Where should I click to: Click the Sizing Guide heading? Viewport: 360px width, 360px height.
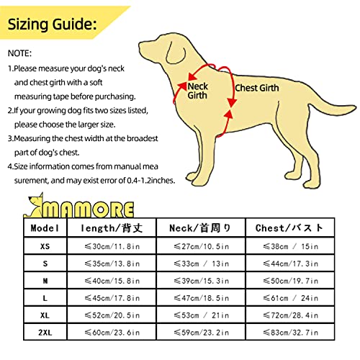pyautogui.click(x=53, y=25)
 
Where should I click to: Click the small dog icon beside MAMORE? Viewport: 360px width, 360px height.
pyautogui.click(x=33, y=208)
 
